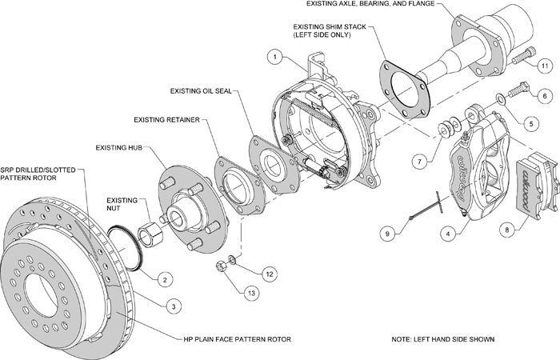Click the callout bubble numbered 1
coord(274,58)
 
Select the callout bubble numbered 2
coord(163,279)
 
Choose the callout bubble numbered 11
coord(544,65)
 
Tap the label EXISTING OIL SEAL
coord(200,91)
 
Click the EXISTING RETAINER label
coord(166,119)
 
